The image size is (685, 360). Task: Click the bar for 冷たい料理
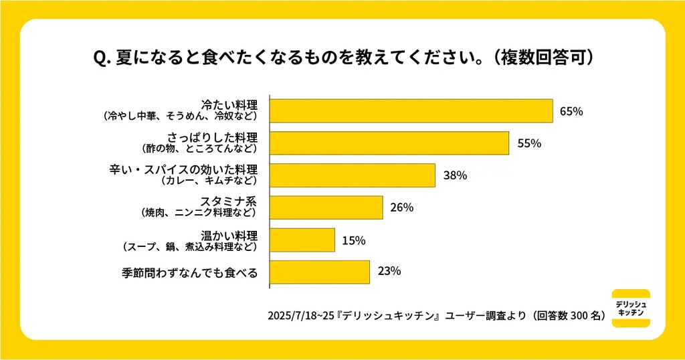point(411,111)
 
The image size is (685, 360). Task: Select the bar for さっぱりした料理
point(389,143)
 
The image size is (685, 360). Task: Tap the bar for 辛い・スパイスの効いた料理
point(352,175)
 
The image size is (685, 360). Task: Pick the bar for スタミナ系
point(326,207)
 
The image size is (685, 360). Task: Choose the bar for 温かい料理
point(302,240)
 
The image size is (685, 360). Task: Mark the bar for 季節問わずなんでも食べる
point(319,272)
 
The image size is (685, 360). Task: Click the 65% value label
point(571,111)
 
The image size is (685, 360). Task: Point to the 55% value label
point(528,143)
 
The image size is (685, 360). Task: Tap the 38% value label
point(454,175)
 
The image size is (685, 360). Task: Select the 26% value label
point(401,207)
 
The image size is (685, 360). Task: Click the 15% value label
point(353,240)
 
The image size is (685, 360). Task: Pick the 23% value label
point(389,272)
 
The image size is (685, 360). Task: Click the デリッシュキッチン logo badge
point(631,308)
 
